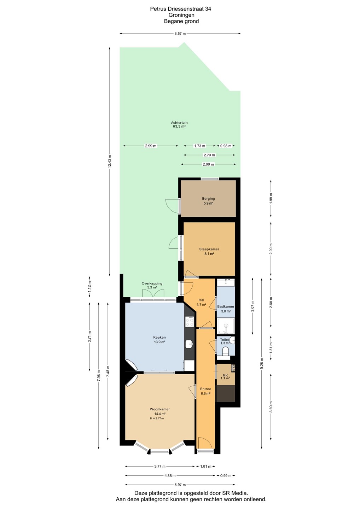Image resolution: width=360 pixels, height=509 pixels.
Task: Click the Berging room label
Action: click(x=208, y=199)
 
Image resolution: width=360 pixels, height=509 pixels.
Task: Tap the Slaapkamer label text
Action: click(x=209, y=249)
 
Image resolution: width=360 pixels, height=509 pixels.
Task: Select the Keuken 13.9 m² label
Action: click(x=159, y=339)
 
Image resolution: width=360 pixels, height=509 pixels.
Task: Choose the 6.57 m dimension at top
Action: click(x=180, y=34)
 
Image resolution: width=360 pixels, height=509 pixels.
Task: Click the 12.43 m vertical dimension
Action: click(x=110, y=161)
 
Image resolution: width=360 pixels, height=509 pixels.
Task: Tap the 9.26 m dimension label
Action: click(x=262, y=364)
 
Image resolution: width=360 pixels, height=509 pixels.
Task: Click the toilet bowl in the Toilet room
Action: click(x=226, y=351)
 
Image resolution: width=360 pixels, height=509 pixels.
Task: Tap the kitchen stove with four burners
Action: click(x=190, y=322)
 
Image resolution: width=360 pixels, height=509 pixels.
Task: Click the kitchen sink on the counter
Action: click(x=189, y=344)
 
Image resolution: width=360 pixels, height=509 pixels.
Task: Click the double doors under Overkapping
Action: click(x=153, y=293)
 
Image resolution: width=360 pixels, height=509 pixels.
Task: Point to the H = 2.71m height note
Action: click(x=157, y=418)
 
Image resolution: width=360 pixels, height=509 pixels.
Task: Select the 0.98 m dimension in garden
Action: click(x=226, y=146)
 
